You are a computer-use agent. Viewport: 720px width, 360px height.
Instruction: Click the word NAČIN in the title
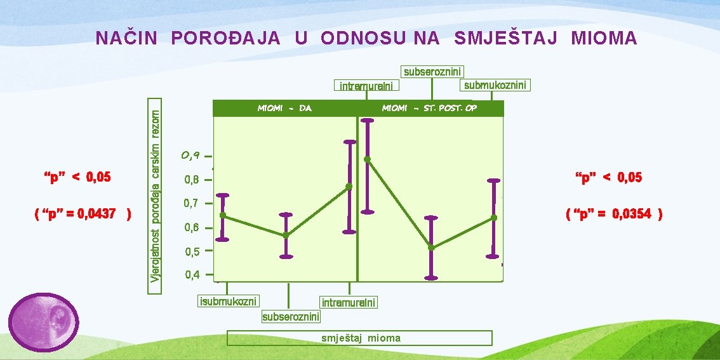click(126, 39)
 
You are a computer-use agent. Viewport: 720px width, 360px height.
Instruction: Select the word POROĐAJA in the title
click(225, 39)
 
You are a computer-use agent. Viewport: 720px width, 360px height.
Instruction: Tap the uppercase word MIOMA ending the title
click(604, 39)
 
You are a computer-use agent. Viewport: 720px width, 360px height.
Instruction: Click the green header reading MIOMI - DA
click(284, 109)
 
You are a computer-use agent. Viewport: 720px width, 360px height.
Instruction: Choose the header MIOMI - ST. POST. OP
click(429, 109)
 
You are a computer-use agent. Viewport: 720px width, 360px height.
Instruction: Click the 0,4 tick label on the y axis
click(192, 275)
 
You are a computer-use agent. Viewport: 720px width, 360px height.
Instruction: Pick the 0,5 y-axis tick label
click(192, 251)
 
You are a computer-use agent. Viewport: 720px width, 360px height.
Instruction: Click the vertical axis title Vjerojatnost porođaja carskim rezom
click(156, 195)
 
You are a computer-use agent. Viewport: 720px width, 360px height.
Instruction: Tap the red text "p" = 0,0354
click(614, 214)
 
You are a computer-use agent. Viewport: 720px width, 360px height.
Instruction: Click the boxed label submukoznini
click(495, 85)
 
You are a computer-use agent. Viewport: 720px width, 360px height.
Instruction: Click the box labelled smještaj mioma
click(359, 338)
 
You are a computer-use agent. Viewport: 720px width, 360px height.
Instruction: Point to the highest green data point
click(367, 159)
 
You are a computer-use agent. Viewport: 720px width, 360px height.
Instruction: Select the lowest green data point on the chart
click(431, 248)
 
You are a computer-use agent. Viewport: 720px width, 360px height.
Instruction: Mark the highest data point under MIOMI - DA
click(349, 186)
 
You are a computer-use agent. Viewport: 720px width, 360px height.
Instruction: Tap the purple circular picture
click(43, 322)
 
